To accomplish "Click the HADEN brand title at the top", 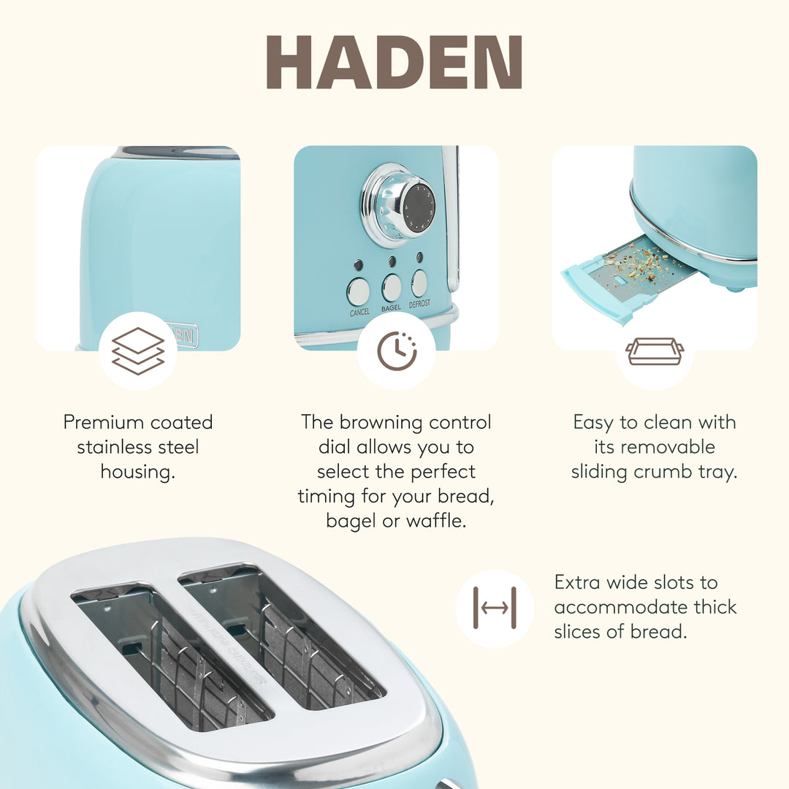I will click(394, 61).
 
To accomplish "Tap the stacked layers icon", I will click(138, 351).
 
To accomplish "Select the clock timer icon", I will click(397, 351).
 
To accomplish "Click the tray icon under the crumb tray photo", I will click(655, 351).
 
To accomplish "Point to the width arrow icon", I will click(495, 608).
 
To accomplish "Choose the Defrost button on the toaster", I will click(419, 283).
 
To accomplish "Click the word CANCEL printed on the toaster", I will click(359, 313).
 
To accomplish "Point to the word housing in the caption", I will click(137, 472).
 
